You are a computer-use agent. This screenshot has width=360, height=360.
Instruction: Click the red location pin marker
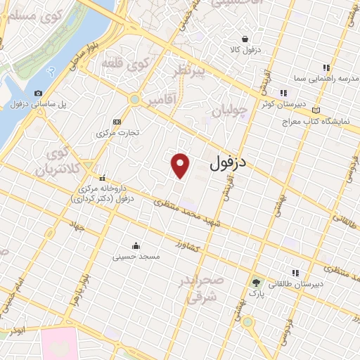coord(181,165)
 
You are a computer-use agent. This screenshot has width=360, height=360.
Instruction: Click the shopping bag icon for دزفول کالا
coord(244,39)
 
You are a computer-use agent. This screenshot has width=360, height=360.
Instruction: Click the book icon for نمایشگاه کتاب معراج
coord(315,110)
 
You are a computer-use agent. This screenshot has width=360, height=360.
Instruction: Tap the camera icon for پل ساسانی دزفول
coord(37,94)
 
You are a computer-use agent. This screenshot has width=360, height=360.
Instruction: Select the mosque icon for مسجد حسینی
coord(136,246)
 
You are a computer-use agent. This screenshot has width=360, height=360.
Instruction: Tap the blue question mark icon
coord(51,72)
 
